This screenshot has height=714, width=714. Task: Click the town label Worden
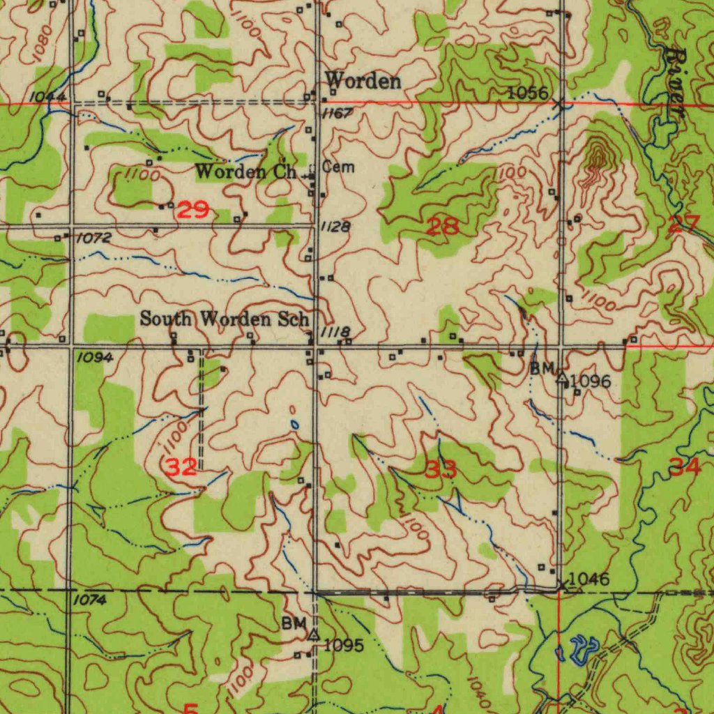click(363, 81)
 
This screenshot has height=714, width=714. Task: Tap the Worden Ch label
click(246, 171)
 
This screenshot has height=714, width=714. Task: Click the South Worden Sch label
click(224, 319)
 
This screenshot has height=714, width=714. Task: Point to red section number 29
click(193, 210)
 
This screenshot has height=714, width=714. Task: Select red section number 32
click(181, 466)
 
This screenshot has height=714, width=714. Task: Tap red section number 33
click(441, 470)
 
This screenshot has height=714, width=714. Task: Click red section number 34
click(685, 467)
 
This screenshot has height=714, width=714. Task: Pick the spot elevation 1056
click(527, 93)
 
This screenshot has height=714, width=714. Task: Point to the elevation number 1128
click(336, 227)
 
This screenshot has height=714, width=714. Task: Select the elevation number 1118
click(335, 333)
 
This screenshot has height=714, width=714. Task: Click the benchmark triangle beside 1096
click(562, 379)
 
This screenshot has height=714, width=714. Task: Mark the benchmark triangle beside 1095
click(314, 635)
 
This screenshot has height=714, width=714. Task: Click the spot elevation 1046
click(588, 579)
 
